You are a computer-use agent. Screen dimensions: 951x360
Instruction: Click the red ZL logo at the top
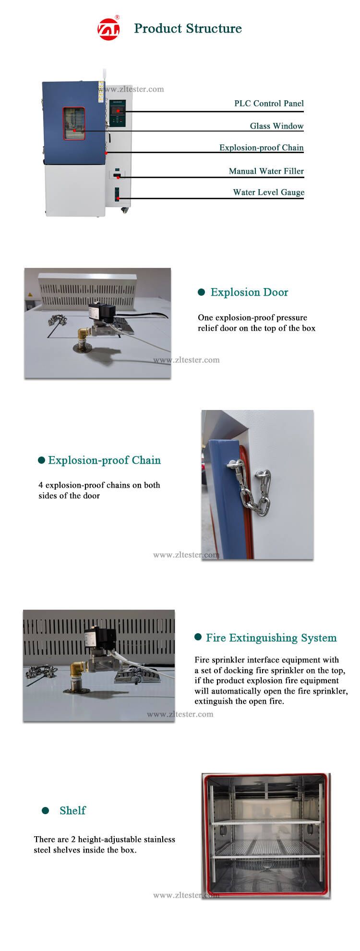109,29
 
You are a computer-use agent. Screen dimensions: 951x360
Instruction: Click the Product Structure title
188,28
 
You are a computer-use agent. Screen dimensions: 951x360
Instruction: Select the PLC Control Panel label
269,103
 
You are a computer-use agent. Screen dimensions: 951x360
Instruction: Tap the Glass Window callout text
276,126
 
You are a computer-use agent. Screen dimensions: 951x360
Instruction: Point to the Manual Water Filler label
266,171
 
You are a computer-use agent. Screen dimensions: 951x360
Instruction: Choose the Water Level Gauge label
269,192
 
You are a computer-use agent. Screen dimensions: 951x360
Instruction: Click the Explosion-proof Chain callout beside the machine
262,147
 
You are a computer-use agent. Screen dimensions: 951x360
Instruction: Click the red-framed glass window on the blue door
73,123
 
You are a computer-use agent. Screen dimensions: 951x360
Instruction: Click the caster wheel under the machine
125,210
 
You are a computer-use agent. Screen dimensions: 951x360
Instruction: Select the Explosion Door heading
249,292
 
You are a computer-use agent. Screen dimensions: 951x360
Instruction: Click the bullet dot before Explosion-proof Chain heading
42,460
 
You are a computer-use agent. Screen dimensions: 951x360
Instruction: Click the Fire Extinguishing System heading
271,638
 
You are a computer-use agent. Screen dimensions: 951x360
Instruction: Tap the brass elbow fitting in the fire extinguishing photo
78,668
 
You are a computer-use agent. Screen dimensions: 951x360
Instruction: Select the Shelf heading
72,810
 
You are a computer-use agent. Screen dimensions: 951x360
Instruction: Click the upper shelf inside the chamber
266,821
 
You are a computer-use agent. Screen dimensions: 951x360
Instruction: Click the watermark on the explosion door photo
186,360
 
